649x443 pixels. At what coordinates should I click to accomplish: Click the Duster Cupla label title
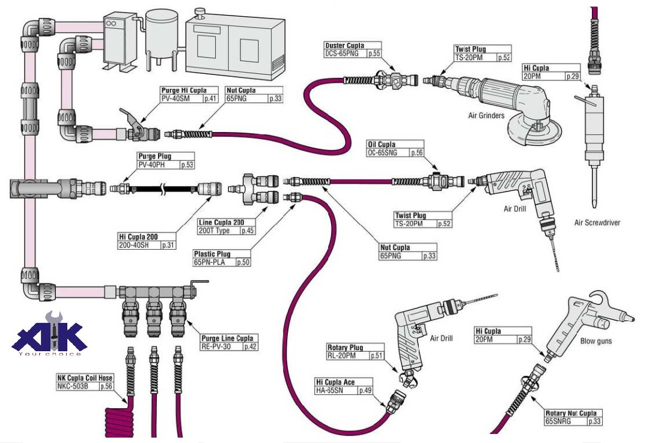[345, 46]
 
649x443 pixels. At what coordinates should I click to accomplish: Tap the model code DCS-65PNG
[342, 53]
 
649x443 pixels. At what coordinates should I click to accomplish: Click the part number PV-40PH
[151, 164]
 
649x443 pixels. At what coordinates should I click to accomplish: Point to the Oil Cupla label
[382, 144]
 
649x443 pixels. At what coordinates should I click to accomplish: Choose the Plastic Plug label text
[212, 254]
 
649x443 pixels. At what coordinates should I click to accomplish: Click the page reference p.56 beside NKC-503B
[106, 387]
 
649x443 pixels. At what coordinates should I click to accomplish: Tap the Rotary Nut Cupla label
[571, 413]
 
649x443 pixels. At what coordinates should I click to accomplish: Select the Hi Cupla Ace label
[335, 382]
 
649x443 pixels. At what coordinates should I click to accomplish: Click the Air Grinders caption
[486, 115]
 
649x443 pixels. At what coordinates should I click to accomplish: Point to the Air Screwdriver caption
[597, 223]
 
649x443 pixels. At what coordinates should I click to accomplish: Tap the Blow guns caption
[596, 341]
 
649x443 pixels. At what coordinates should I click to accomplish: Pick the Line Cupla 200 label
[221, 222]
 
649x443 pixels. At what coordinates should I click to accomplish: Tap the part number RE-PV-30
[216, 346]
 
